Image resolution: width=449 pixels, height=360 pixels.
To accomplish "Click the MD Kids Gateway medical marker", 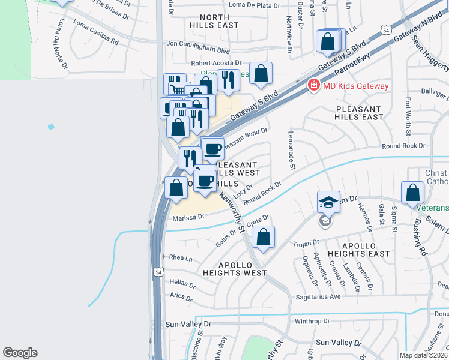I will click(x=313, y=86).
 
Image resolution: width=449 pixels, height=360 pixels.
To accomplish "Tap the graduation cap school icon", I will click(x=328, y=202).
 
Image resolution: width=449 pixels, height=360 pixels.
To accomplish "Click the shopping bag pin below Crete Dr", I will click(x=264, y=237).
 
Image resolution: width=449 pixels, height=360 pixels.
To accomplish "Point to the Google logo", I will click(x=20, y=353).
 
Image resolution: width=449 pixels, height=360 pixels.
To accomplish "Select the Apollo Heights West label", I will click(x=234, y=268).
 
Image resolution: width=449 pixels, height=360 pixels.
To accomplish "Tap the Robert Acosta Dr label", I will click(x=216, y=62).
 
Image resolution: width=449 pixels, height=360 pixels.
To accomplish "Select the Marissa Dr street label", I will click(x=188, y=218).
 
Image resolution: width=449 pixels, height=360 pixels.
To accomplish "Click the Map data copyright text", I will click(x=424, y=355).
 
